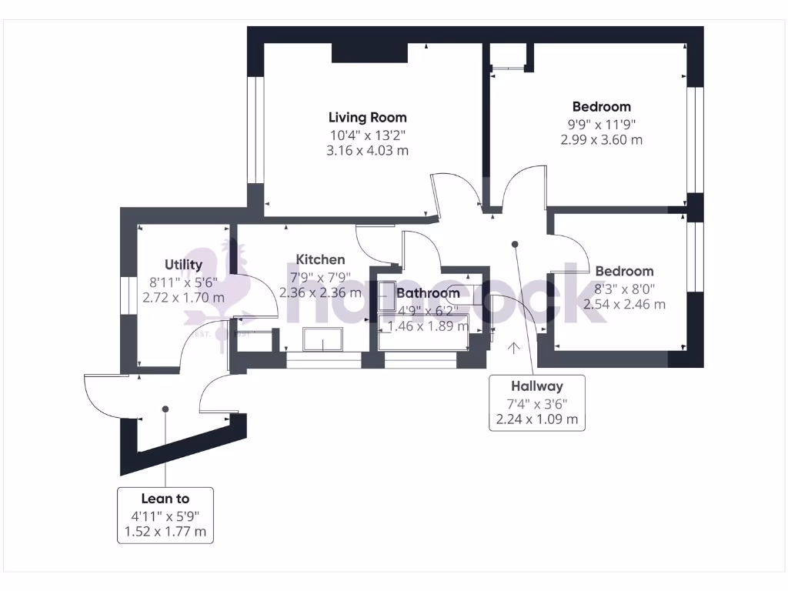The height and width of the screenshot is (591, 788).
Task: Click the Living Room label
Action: [x=367, y=118]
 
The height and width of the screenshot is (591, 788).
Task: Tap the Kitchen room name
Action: [x=320, y=259]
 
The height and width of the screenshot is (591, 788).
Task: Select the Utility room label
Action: [x=183, y=265]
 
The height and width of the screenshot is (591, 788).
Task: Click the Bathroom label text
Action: [x=428, y=293]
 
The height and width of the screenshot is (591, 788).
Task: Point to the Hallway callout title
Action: [x=537, y=387]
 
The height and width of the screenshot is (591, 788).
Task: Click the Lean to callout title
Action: [x=165, y=499]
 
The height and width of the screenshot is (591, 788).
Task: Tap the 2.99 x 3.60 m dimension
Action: [x=601, y=140]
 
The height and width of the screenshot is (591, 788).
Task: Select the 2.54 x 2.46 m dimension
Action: [x=624, y=304]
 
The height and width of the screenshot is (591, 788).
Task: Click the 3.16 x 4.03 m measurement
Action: [x=367, y=151]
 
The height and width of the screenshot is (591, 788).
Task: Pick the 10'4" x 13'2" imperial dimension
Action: [x=367, y=135]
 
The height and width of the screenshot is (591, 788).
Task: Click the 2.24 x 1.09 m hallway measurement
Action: [x=537, y=420]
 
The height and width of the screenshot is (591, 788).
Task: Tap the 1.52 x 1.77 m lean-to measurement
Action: [x=165, y=532]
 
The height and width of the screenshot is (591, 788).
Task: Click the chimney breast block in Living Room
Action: [x=369, y=52]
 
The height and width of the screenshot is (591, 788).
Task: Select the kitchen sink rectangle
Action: [x=324, y=339]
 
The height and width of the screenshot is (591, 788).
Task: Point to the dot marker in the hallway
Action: [x=515, y=245]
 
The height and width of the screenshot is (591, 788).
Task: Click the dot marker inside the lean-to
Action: [x=165, y=409]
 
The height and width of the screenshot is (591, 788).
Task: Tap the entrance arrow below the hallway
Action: [x=513, y=348]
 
